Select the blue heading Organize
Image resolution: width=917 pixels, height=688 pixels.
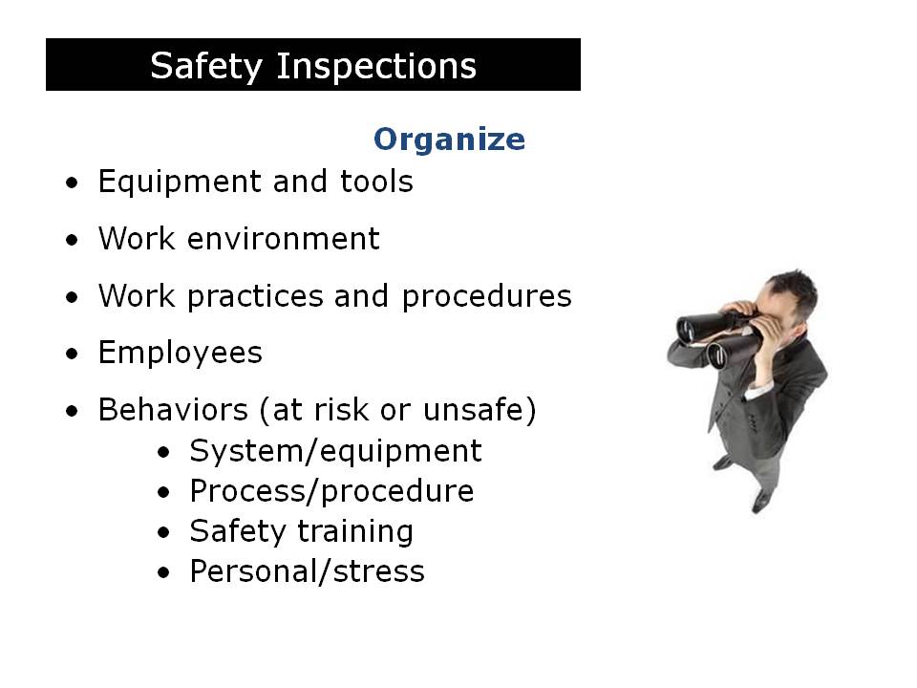point(449,140)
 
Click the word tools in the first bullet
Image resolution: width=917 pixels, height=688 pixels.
point(376,182)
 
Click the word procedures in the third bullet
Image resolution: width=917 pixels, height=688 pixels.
point(486,297)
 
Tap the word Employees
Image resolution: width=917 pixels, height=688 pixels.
point(180,354)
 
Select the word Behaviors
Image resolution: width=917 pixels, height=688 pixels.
point(173,411)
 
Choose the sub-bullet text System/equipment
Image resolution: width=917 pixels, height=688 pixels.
point(335,450)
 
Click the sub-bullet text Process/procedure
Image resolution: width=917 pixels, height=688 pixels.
point(331,491)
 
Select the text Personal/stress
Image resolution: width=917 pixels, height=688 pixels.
point(307,571)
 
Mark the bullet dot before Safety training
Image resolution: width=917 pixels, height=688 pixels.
point(165,532)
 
